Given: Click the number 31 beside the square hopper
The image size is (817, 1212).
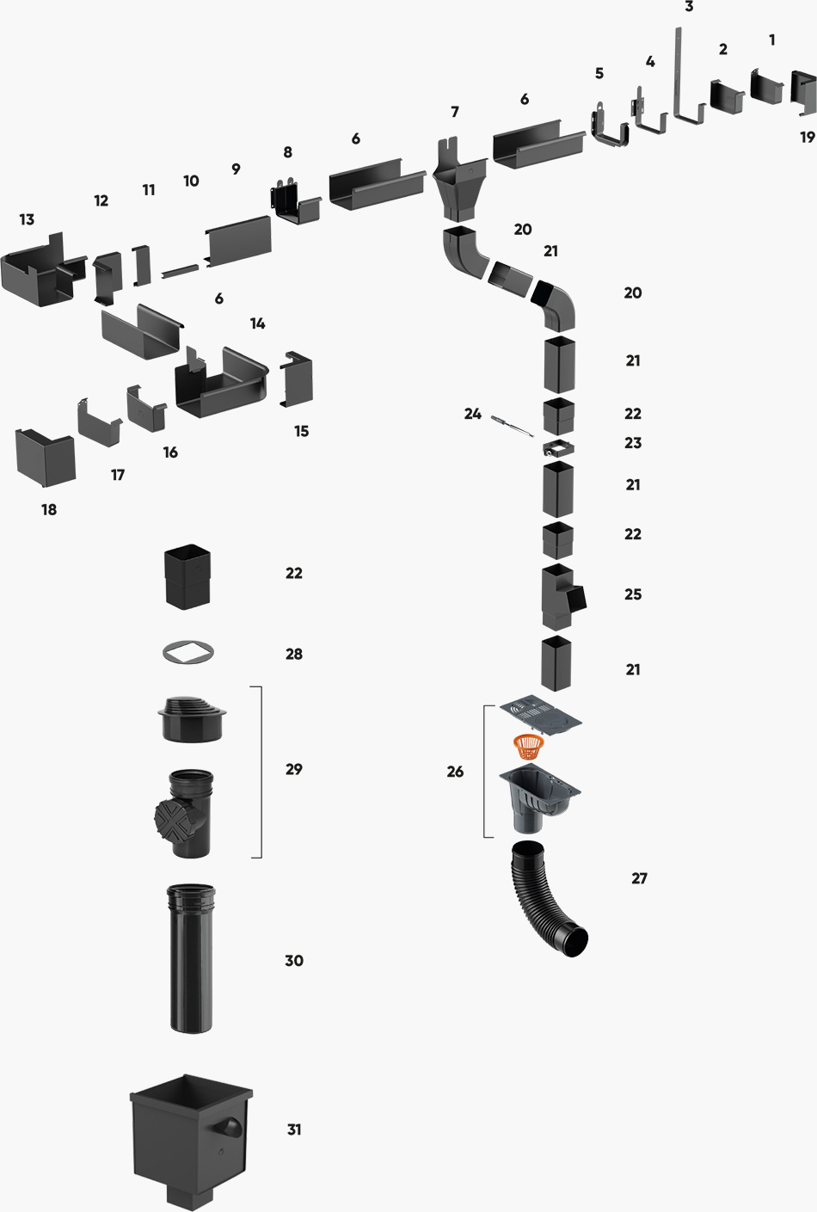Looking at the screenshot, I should pos(294,1129).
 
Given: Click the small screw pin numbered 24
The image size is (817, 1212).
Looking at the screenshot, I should pos(511,424).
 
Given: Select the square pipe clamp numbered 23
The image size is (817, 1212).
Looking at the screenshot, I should pos(558,448).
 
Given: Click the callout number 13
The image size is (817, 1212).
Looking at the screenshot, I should pos(27,219).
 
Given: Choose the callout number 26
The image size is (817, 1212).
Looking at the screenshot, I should pos(455,772).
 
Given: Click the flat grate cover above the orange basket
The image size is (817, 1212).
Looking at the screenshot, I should pos(540,713).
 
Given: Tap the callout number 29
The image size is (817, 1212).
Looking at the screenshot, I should pos(294,769).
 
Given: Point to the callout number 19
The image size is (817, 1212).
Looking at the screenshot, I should pos(807,137).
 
